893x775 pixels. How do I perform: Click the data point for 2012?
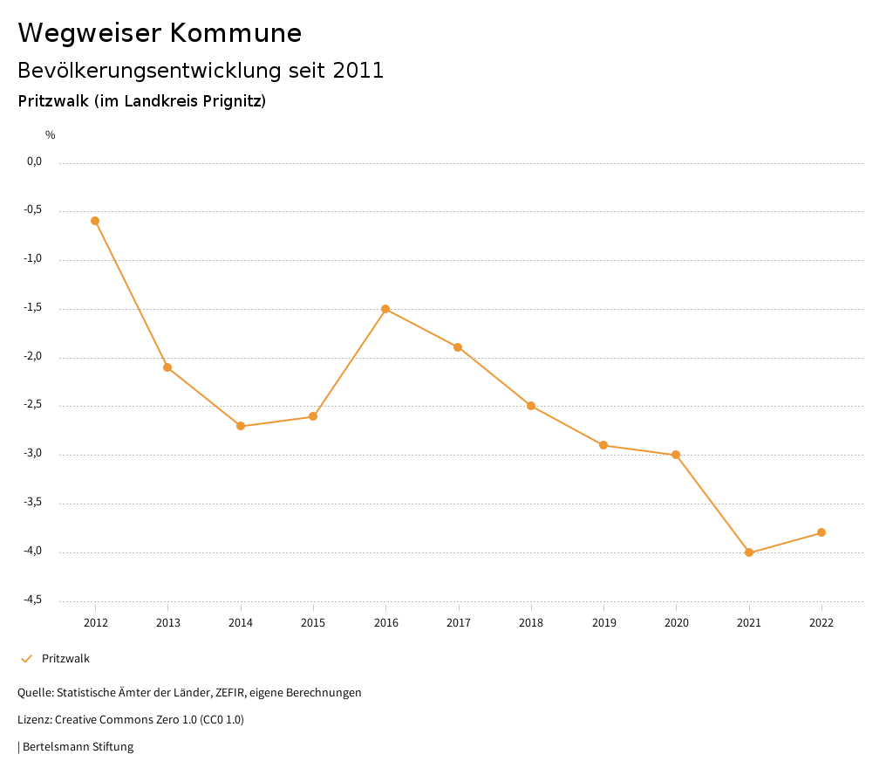[95, 221]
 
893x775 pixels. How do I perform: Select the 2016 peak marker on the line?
[385, 309]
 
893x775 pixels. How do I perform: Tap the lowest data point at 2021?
[749, 552]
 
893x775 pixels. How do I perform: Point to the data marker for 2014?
[241, 426]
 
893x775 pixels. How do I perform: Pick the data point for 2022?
[821, 532]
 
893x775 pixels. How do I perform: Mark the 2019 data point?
[603, 445]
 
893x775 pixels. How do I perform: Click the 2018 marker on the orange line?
[531, 406]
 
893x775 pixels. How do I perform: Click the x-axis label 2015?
[313, 623]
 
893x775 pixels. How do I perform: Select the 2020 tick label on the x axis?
[677, 623]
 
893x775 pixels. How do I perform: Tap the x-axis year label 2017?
[459, 623]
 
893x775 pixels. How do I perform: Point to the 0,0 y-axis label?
[34, 161]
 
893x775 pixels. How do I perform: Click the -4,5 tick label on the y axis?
[33, 600]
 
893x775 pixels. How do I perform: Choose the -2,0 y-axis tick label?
[33, 356]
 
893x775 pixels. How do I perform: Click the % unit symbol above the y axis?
[51, 135]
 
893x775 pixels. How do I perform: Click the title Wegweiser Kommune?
[160, 33]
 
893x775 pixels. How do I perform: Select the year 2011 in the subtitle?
[358, 71]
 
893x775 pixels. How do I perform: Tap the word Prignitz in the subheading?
[231, 101]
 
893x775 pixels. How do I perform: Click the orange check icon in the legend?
[26, 659]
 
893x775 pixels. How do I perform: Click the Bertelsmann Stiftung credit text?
[78, 747]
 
